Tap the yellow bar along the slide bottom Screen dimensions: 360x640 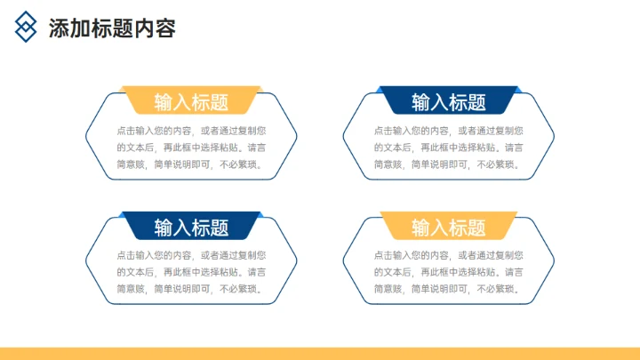click(x=320, y=353)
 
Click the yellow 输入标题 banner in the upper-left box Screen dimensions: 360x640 click(x=191, y=101)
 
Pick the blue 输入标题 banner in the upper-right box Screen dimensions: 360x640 click(x=449, y=101)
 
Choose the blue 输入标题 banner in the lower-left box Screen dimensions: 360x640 click(x=191, y=228)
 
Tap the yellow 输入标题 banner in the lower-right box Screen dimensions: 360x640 click(x=449, y=228)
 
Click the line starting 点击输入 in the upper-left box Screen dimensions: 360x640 click(x=190, y=130)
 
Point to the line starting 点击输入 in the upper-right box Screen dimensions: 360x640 click(x=448, y=130)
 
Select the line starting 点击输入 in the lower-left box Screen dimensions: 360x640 click(x=190, y=255)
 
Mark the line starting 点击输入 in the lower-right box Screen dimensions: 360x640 click(x=448, y=255)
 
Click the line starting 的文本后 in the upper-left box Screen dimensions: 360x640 click(x=190, y=148)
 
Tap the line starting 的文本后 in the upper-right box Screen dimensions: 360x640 click(x=448, y=148)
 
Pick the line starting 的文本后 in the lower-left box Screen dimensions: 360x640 click(x=190, y=272)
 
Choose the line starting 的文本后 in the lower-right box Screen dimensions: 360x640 click(x=448, y=272)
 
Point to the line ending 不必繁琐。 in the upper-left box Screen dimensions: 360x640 click(x=190, y=164)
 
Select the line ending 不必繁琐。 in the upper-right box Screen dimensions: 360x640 click(x=448, y=164)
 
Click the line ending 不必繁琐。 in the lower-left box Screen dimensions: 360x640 click(x=190, y=289)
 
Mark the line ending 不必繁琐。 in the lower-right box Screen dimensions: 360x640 click(x=448, y=289)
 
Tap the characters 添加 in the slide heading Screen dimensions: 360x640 click(x=68, y=28)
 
